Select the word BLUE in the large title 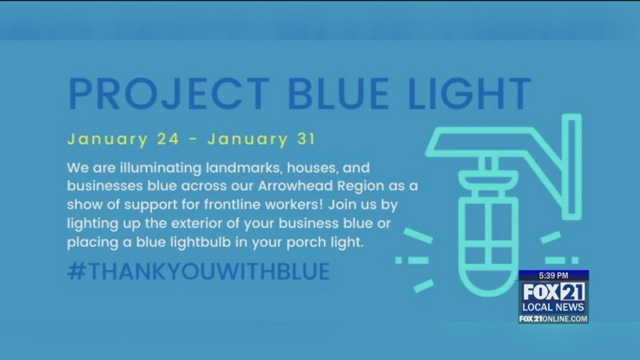[x=342, y=94]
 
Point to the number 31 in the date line [x=302, y=139]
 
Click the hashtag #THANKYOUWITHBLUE [x=198, y=271]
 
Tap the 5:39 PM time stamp [x=553, y=275]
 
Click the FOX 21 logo [x=553, y=292]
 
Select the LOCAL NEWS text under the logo [x=553, y=307]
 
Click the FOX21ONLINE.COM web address [x=553, y=319]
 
